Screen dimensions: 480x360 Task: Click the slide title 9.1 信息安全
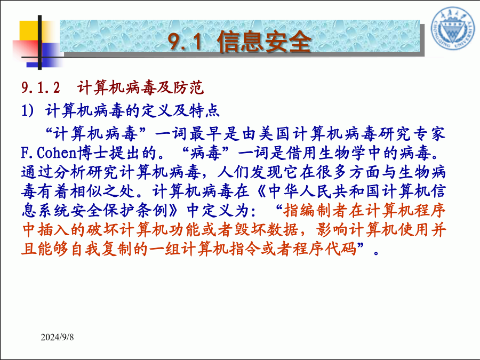coord(239,41)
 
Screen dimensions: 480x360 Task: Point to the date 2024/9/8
coord(57,337)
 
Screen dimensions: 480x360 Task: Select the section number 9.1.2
coord(41,87)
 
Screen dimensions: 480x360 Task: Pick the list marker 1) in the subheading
coord(28,110)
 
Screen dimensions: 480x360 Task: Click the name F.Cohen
coord(49,153)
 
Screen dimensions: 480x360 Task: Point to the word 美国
coord(275,134)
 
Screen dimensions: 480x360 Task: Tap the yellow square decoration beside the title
coord(30,30)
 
